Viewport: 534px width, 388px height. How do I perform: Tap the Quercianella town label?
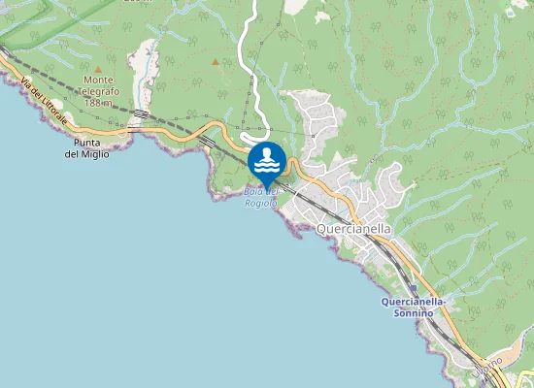(x=354, y=229)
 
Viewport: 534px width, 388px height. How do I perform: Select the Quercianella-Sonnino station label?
(x=413, y=307)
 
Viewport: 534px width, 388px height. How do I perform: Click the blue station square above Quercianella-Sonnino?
(x=414, y=288)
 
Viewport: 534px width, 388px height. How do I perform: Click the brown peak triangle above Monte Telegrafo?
(x=99, y=68)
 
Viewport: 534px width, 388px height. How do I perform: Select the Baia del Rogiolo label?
(x=262, y=198)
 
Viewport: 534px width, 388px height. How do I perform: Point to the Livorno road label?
(x=491, y=364)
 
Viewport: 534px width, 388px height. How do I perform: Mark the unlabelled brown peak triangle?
(x=216, y=61)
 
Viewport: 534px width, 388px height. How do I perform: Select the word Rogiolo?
(x=262, y=204)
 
